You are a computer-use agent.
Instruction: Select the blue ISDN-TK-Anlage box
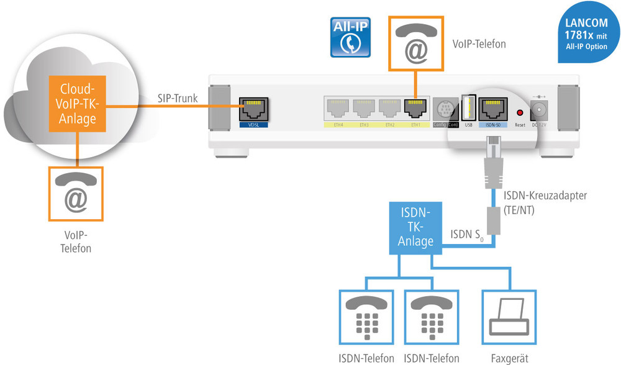click(415, 227)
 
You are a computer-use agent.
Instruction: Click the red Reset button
click(520, 112)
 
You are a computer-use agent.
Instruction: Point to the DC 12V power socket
click(540, 112)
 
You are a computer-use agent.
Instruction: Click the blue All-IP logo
click(350, 38)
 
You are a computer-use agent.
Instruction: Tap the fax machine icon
click(507, 317)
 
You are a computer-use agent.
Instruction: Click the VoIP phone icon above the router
click(416, 42)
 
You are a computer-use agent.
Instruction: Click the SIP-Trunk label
click(177, 98)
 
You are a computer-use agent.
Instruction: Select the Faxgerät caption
click(509, 358)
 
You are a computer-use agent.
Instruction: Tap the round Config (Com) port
click(445, 109)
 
